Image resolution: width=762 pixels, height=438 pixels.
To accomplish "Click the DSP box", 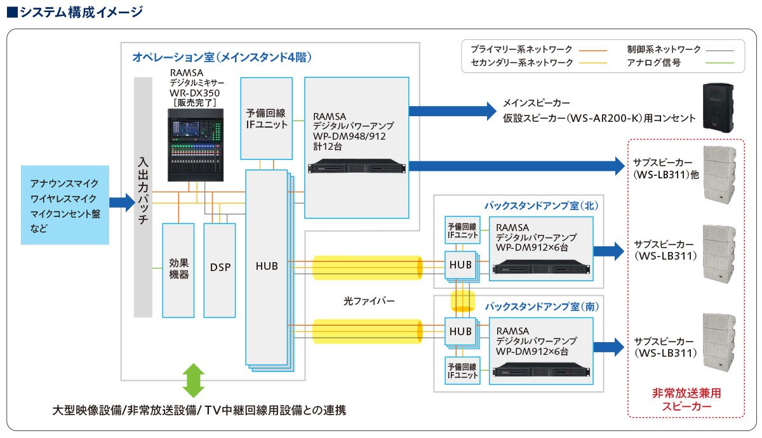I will point(219,270).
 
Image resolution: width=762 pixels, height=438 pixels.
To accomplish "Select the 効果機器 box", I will point(178,270).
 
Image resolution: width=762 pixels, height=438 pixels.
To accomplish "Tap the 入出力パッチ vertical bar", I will point(143,197).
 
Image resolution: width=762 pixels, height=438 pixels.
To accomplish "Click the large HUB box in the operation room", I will point(266,267).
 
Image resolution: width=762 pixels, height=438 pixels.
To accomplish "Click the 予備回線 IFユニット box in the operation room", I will point(267,119).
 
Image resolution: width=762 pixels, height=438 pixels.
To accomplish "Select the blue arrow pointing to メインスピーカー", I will point(452,110).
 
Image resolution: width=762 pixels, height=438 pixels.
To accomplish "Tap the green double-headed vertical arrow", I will point(194,381).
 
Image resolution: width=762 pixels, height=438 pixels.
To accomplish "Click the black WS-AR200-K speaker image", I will point(718,109).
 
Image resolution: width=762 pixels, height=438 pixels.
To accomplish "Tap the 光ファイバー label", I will point(368,302).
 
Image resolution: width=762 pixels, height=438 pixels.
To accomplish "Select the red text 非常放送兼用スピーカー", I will point(686,399).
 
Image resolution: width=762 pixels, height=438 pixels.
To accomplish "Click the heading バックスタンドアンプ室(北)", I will point(540,206).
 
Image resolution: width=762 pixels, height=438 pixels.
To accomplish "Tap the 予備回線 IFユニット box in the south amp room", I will point(462,370).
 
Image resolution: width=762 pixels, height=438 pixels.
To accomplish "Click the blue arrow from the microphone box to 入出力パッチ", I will point(121,202).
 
